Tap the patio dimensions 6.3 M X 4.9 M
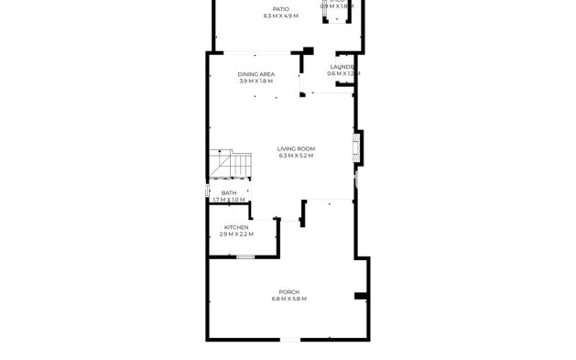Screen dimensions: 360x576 pos(281,16)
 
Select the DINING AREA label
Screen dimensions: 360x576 pos(255,74)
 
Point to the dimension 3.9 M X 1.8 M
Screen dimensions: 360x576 pos(255,82)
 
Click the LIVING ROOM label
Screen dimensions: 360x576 pos(296,148)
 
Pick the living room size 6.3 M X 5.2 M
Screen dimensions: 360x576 pos(296,156)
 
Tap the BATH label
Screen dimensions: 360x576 pos(228,192)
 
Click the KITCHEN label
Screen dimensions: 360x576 pos(236,227)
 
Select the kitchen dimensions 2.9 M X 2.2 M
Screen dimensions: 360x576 pos(236,235)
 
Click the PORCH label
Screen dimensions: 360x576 pos(288,292)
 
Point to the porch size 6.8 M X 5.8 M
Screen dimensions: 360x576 pos(288,300)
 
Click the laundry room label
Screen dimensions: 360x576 pos(343,67)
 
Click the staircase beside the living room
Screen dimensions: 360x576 pos(229,164)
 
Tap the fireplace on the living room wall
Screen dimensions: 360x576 pos(356,148)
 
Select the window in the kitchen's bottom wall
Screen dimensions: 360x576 pos(245,256)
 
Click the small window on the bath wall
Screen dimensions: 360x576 pos(209,192)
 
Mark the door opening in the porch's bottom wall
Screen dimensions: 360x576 pos(288,341)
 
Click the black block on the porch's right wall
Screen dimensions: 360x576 pos(361,296)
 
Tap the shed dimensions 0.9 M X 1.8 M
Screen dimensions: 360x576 pos(337,6)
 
